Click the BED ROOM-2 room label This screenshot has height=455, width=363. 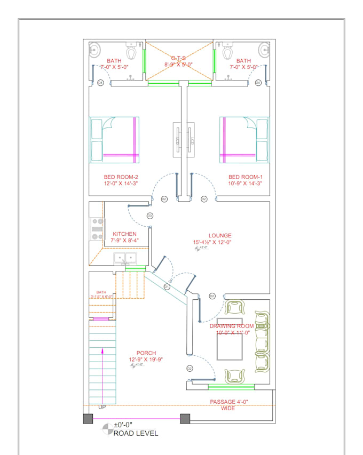(121, 177)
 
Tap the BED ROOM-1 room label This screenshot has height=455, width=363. (245, 177)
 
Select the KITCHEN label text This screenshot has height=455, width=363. (124, 234)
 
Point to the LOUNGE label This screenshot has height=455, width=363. (220, 235)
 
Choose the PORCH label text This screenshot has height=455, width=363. (146, 353)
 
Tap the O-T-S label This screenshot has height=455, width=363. (178, 58)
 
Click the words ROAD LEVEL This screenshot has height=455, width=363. (136, 433)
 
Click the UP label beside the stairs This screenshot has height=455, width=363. (102, 408)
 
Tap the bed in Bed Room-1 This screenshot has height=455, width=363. (244, 140)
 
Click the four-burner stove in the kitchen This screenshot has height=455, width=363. (97, 228)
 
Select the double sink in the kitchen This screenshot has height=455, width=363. (126, 259)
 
